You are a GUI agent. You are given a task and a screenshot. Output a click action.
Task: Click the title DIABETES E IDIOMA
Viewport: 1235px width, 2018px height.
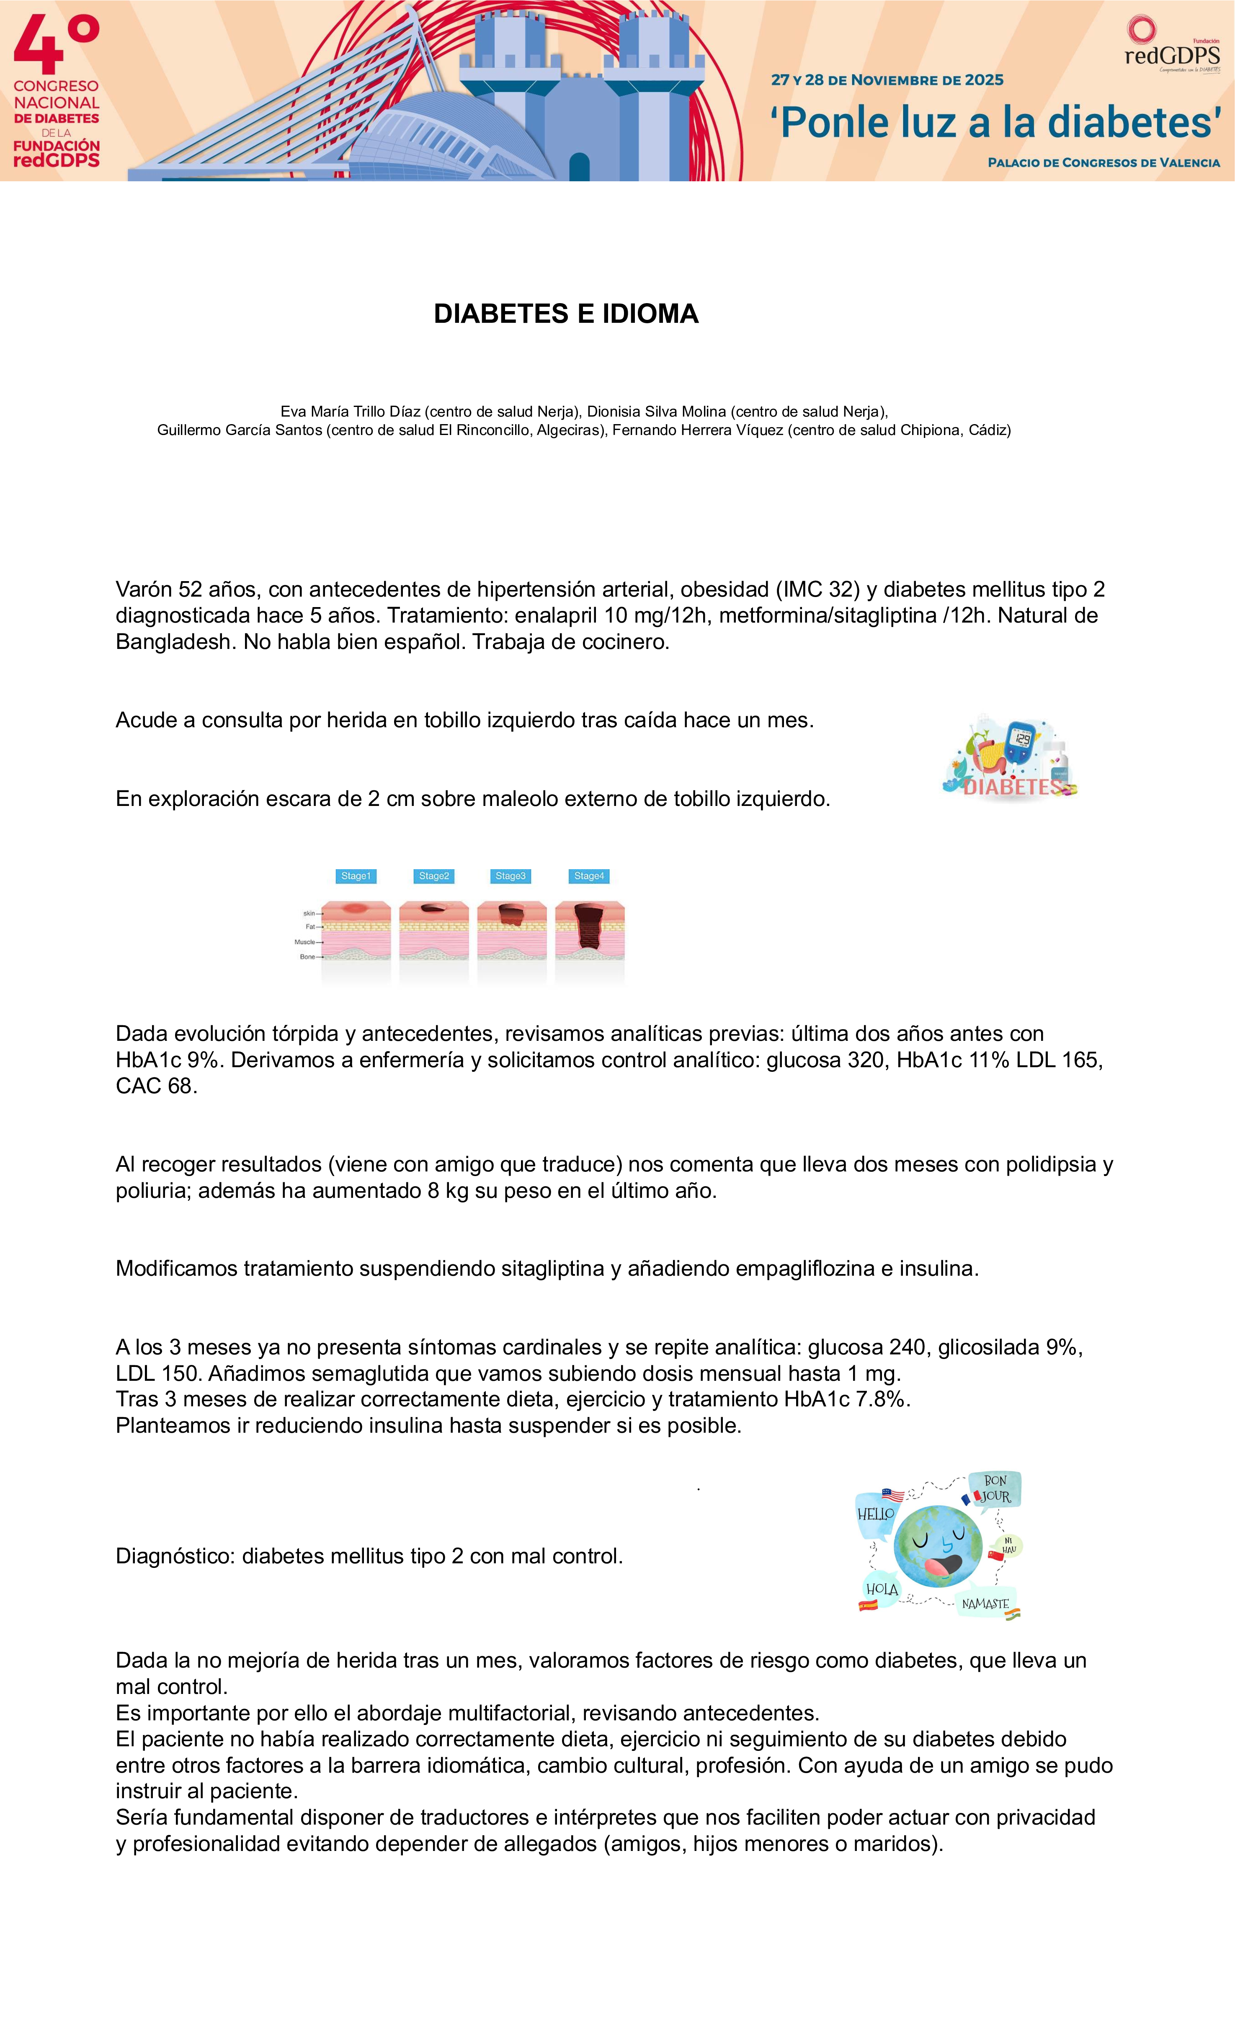[x=566, y=314]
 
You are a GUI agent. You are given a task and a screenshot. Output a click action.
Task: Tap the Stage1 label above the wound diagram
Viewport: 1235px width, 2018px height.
[x=356, y=876]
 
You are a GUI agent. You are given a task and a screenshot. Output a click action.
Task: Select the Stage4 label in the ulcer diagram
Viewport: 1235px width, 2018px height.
[x=589, y=876]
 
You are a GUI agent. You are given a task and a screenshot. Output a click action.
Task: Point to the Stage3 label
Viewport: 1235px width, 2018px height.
[x=510, y=876]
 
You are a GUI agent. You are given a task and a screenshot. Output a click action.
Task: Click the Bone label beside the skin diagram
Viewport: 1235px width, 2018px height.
[x=307, y=957]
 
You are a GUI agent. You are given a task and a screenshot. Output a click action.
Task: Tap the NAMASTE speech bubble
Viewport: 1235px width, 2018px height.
[x=985, y=1604]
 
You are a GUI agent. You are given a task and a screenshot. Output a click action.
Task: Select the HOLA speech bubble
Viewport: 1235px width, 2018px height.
[x=882, y=1589]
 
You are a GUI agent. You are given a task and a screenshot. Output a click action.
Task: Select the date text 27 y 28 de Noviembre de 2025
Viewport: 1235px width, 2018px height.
[x=887, y=80]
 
